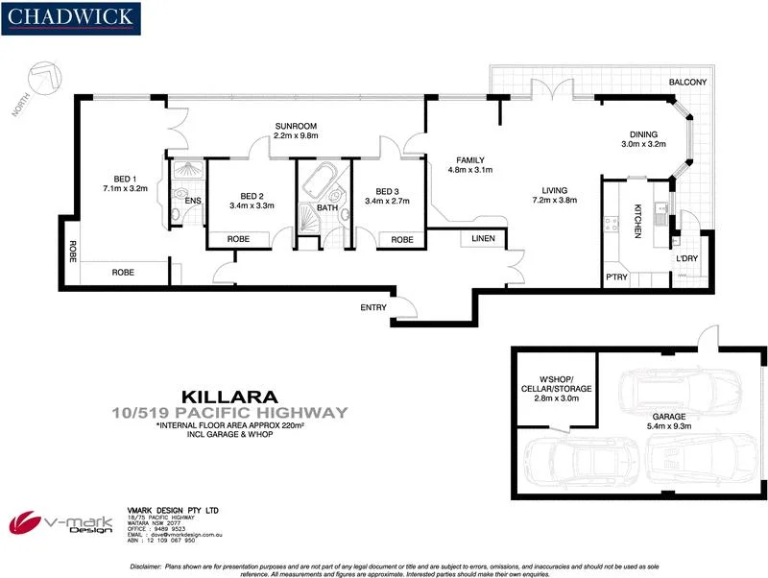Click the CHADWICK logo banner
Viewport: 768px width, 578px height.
(x=72, y=18)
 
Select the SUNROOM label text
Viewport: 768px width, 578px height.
(x=295, y=127)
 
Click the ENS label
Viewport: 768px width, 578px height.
(x=193, y=201)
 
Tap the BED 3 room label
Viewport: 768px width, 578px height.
(x=387, y=190)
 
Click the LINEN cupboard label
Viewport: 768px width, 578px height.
(x=482, y=239)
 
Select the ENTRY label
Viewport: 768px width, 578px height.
(x=373, y=307)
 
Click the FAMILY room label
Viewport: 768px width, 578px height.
(x=470, y=160)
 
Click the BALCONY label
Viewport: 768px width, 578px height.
(x=688, y=84)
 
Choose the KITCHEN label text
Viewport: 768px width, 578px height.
(x=637, y=222)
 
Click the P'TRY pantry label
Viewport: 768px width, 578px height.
(x=615, y=278)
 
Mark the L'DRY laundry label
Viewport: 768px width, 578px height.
(x=686, y=260)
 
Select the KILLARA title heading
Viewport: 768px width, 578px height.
(x=229, y=396)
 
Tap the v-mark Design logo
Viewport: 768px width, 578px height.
(x=60, y=523)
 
